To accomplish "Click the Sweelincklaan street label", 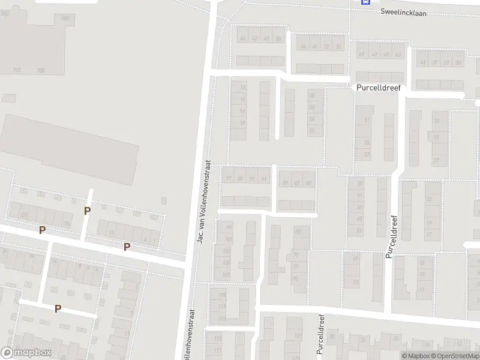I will (x=403, y=12).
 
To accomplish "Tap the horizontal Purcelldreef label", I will (x=378, y=87).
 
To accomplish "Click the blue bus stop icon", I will (x=364, y=2).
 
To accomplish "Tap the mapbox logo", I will (x=26, y=353).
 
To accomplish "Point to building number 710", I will (x=17, y=70).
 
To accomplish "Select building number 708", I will (x=41, y=70).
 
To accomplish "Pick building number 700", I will (x=65, y=19).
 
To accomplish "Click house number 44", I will (x=243, y=38).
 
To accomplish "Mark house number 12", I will (x=242, y=88).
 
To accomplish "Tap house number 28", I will (x=311, y=95).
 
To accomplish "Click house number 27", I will (x=436, y=161).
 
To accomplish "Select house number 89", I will (x=285, y=183).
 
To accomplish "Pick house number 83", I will (x=298, y=231).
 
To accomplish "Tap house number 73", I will (x=355, y=282).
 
